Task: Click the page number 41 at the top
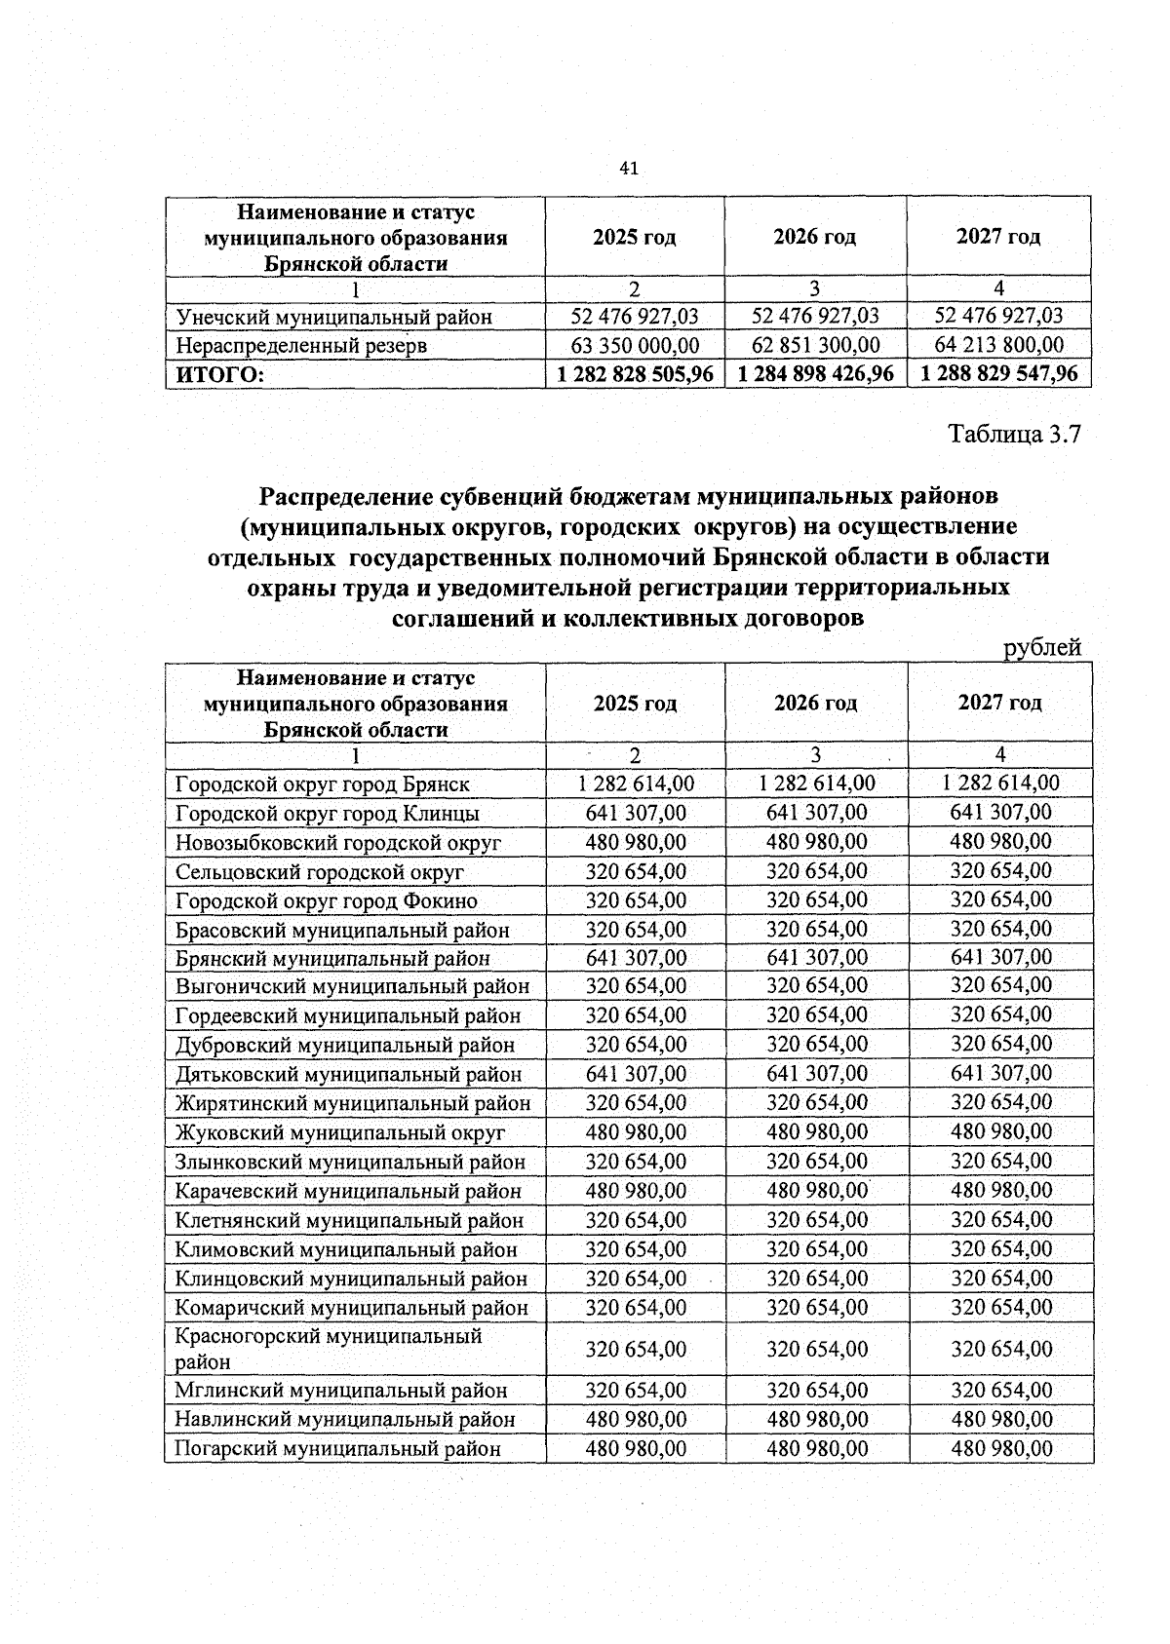click(x=628, y=170)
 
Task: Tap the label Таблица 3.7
click(x=1015, y=434)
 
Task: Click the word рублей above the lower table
click(x=1042, y=647)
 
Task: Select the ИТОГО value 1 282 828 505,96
click(x=635, y=373)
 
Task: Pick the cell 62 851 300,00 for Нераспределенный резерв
click(x=815, y=345)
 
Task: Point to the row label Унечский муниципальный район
click(x=333, y=317)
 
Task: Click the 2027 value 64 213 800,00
click(x=998, y=345)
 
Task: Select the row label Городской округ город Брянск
click(x=322, y=784)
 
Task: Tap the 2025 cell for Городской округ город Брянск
click(x=635, y=783)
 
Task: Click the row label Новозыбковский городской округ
click(x=337, y=842)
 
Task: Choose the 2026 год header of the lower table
click(x=815, y=703)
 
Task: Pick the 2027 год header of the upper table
click(x=998, y=236)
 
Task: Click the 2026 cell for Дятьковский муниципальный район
click(x=816, y=1073)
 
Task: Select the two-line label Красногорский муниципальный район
click(x=328, y=1349)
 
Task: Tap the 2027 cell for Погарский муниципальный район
click(x=1000, y=1448)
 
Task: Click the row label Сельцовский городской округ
click(x=319, y=871)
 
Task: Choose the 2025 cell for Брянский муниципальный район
click(x=635, y=957)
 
